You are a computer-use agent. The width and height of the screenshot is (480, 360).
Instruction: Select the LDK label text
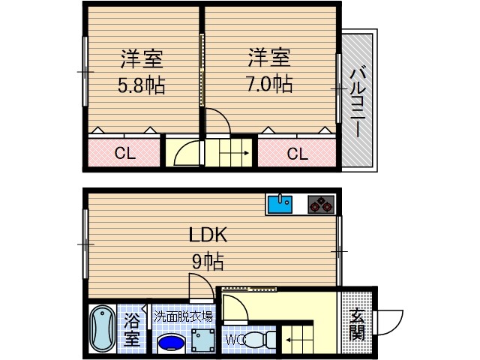click(x=207, y=235)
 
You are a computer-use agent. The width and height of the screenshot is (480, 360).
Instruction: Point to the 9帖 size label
click(x=208, y=262)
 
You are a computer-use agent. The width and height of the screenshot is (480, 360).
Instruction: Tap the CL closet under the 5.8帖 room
click(x=124, y=154)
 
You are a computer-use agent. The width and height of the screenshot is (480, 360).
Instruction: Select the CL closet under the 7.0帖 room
click(x=297, y=154)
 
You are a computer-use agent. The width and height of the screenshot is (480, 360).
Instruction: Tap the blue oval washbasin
click(x=172, y=343)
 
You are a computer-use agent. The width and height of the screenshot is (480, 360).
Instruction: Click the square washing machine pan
click(x=201, y=340)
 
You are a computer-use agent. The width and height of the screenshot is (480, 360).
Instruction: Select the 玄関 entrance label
click(x=356, y=325)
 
